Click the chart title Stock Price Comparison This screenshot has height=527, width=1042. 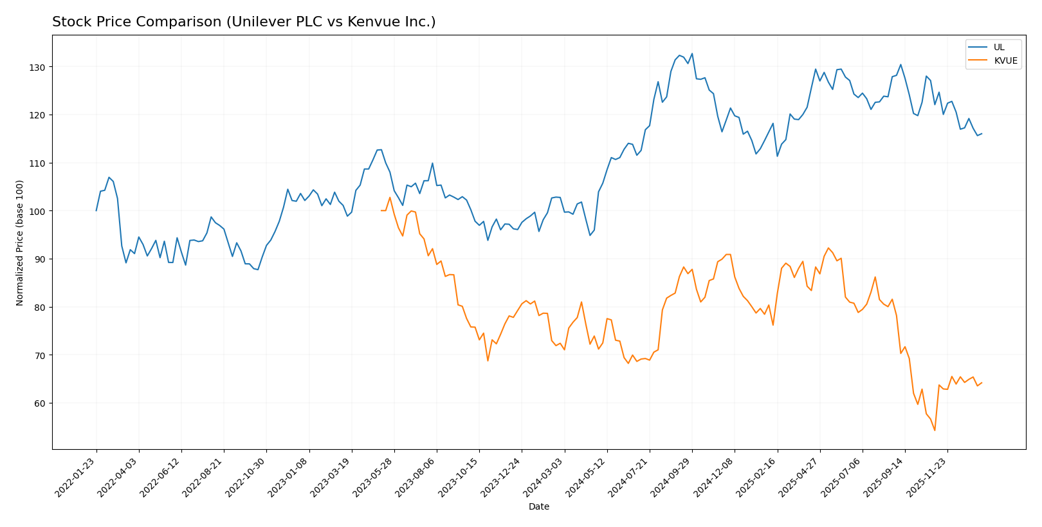[244, 22]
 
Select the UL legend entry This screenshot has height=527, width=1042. [998, 47]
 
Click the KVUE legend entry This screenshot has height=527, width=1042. [1005, 61]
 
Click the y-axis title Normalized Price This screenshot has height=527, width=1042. [20, 243]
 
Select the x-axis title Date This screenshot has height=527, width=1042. [538, 507]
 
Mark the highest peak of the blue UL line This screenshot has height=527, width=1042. [692, 53]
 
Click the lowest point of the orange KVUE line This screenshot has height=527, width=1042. [935, 430]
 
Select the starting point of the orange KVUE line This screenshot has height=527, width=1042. [381, 210]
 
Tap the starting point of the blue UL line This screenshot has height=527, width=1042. [96, 210]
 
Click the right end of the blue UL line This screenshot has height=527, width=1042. [982, 134]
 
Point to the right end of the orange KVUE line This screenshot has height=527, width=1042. [982, 383]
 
